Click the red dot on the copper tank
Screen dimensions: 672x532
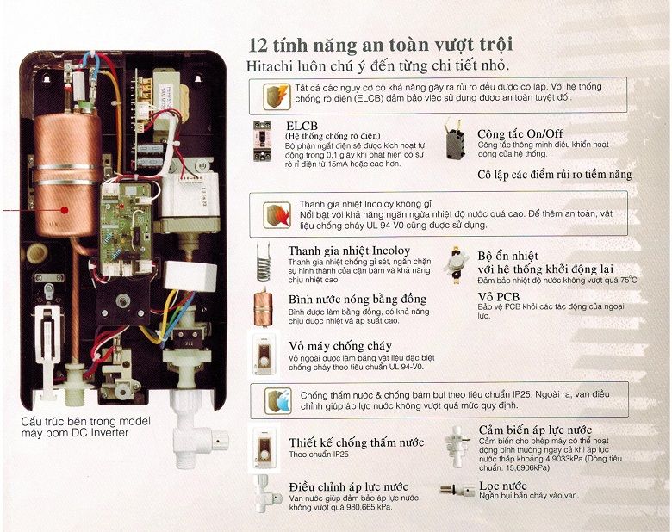click(65, 210)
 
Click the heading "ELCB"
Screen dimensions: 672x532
click(302, 126)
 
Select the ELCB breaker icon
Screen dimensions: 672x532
click(262, 141)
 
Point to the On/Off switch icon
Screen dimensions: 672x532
click(456, 142)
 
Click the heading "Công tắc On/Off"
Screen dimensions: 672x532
click(520, 133)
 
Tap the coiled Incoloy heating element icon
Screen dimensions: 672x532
click(264, 262)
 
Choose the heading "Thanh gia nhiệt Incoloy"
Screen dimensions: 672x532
click(349, 251)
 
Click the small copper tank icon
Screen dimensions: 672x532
click(263, 308)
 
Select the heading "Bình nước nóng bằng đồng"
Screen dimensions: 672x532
click(358, 299)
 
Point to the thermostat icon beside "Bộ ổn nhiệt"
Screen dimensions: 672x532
click(456, 265)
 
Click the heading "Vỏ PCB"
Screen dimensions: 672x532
click(499, 297)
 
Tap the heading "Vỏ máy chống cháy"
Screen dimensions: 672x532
click(339, 346)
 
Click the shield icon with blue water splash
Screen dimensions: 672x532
click(277, 401)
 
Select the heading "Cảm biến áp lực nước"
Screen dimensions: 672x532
click(535, 430)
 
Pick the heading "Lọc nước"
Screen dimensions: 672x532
click(503, 486)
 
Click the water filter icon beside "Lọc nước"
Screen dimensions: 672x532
click(456, 489)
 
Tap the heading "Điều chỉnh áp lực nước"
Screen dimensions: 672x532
click(348, 487)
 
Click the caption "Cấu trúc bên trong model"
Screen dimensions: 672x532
click(85, 422)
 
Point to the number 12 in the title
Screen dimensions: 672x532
click(258, 45)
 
